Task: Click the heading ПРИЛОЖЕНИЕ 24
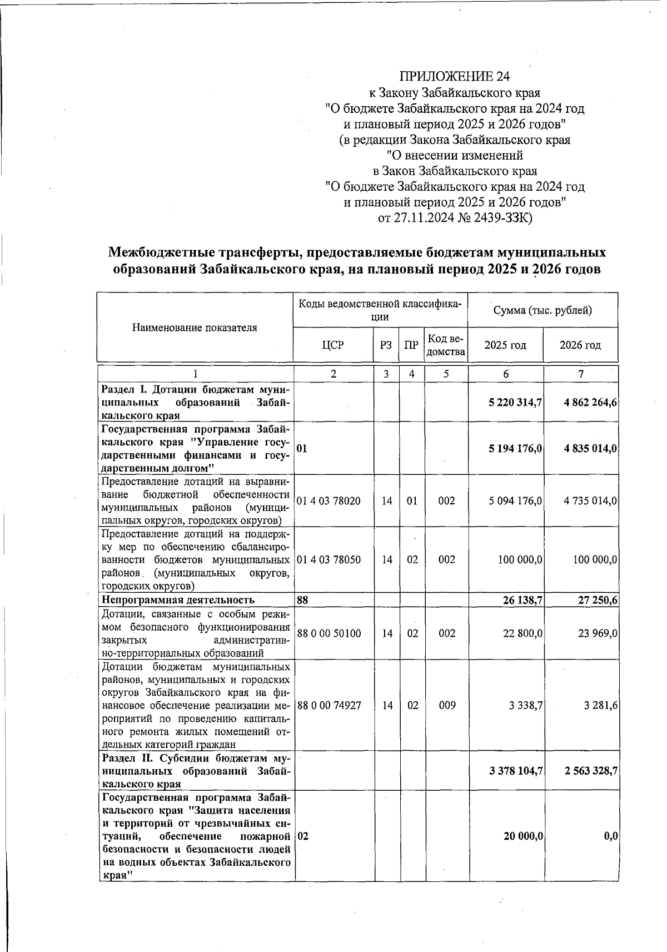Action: (x=454, y=76)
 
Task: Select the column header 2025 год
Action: (x=505, y=345)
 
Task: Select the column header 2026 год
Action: (x=580, y=345)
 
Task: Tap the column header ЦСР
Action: (x=332, y=345)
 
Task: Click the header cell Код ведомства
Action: (x=446, y=345)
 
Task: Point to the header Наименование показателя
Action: (x=195, y=328)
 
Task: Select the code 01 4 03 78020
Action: (x=328, y=501)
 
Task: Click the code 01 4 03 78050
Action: (x=328, y=559)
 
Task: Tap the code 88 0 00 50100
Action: (x=329, y=633)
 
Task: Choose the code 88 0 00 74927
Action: (x=329, y=705)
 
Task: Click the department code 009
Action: (x=446, y=705)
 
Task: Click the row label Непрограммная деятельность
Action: (x=178, y=599)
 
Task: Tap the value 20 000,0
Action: (x=523, y=836)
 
